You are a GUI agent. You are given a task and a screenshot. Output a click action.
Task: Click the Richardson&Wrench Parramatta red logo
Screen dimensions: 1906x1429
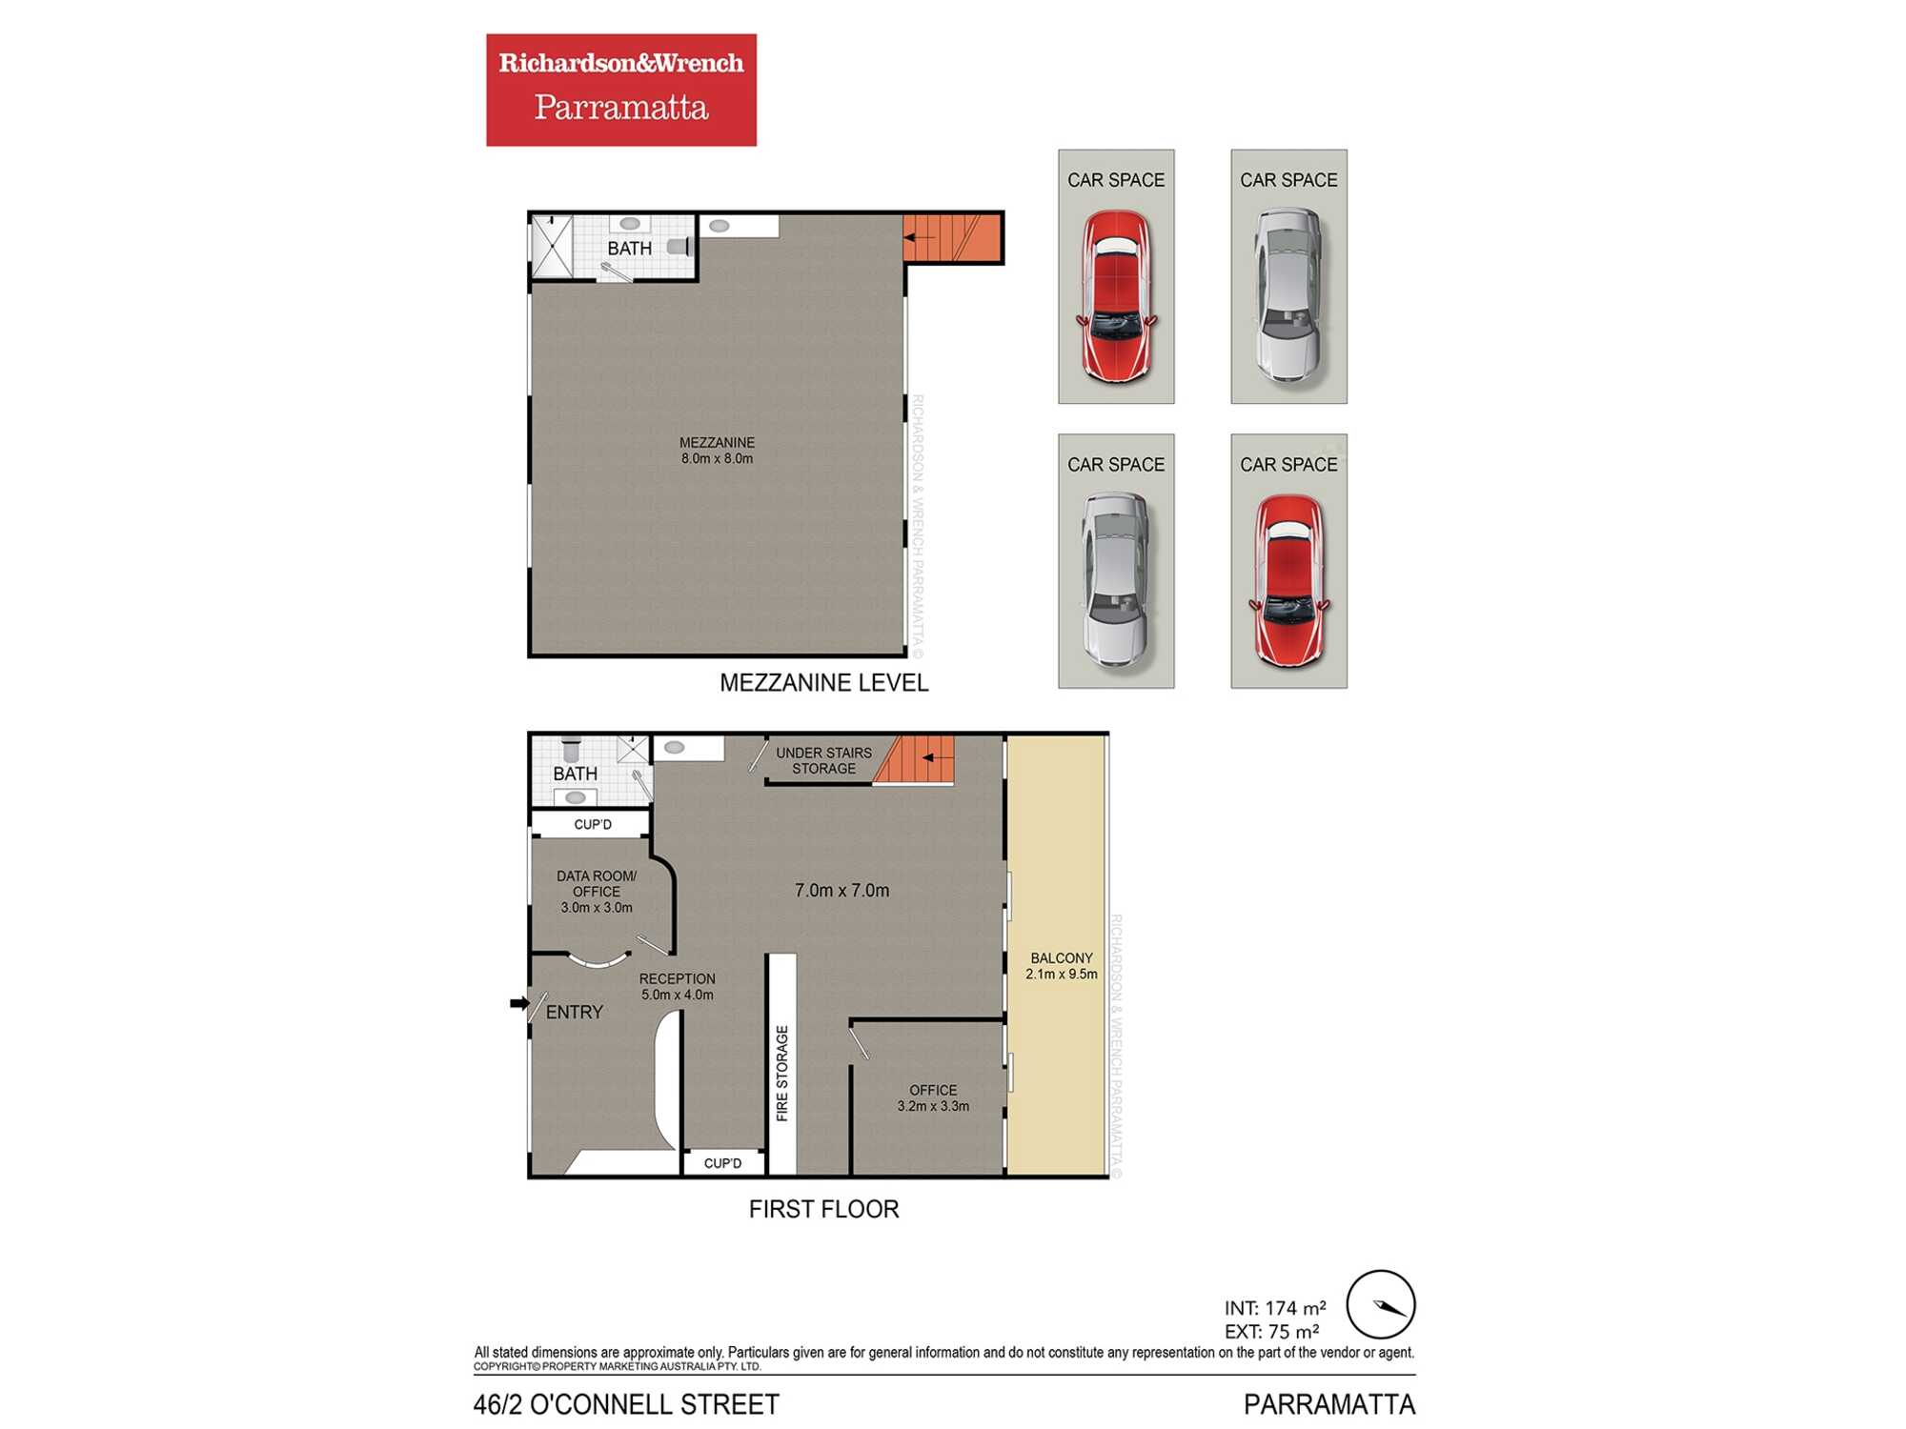click(x=621, y=90)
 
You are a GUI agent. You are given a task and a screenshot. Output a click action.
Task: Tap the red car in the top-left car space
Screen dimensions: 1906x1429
click(x=1116, y=296)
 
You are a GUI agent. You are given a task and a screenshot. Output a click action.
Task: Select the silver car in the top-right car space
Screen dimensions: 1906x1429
click(x=1288, y=295)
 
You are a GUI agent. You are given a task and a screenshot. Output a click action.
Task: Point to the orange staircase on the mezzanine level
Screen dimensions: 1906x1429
click(x=952, y=238)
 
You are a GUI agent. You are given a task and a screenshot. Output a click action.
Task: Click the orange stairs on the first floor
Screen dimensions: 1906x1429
click(x=914, y=759)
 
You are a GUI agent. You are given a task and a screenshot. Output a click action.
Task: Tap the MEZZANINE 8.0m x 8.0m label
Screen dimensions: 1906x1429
click(x=717, y=451)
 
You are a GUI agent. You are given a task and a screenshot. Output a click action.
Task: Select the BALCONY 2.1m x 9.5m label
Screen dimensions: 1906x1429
click(x=1062, y=966)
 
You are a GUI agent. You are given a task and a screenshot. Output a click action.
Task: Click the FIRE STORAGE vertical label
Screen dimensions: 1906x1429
click(x=782, y=1074)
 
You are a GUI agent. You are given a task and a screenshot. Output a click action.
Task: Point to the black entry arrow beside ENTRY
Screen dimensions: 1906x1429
click(x=519, y=1003)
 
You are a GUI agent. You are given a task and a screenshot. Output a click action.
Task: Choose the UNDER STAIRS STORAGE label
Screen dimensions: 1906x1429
click(x=823, y=760)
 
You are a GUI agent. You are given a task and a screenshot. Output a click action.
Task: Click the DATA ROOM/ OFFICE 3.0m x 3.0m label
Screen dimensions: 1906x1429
click(x=597, y=892)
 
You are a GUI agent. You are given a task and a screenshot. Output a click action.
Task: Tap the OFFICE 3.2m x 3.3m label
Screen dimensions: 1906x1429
click(x=933, y=1098)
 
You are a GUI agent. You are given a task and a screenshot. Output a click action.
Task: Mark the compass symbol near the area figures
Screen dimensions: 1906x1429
click(x=1381, y=1305)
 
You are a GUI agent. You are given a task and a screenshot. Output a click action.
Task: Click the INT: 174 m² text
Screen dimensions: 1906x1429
click(x=1275, y=1309)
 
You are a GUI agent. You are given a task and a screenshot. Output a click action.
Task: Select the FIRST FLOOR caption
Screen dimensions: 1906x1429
click(x=823, y=1209)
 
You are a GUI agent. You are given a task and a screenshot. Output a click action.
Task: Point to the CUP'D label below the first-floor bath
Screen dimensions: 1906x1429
click(x=593, y=824)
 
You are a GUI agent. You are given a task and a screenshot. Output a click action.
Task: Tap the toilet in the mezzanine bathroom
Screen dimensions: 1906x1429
click(x=679, y=247)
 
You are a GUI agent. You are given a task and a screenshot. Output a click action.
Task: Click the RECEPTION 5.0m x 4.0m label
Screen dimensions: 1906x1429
click(x=677, y=987)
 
